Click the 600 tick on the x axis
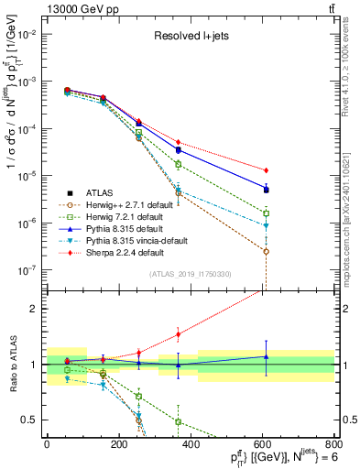(265, 444)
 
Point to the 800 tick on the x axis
(337, 444)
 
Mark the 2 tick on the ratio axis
(37, 309)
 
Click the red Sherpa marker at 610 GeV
(266, 170)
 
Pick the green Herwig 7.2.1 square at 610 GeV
(266, 213)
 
